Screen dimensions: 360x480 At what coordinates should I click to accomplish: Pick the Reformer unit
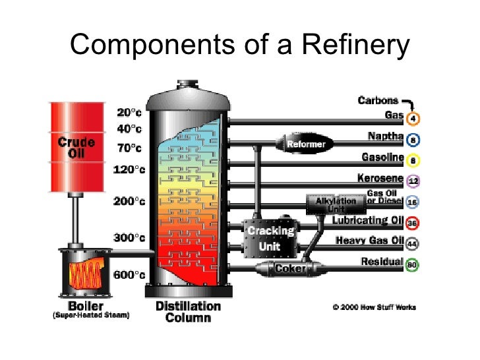[x=305, y=143]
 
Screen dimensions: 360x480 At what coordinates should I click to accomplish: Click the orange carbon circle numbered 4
[x=413, y=119]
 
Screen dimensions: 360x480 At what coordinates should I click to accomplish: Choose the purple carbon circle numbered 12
[x=413, y=180]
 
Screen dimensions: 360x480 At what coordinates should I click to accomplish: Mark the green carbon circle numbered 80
[x=413, y=265]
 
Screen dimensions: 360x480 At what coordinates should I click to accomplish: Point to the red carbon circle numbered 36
[x=413, y=224]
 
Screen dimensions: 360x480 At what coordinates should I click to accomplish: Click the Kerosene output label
[x=380, y=178]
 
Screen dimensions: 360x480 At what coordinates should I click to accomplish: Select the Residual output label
[x=382, y=262]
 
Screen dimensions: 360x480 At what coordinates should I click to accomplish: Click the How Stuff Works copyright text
[x=374, y=307]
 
